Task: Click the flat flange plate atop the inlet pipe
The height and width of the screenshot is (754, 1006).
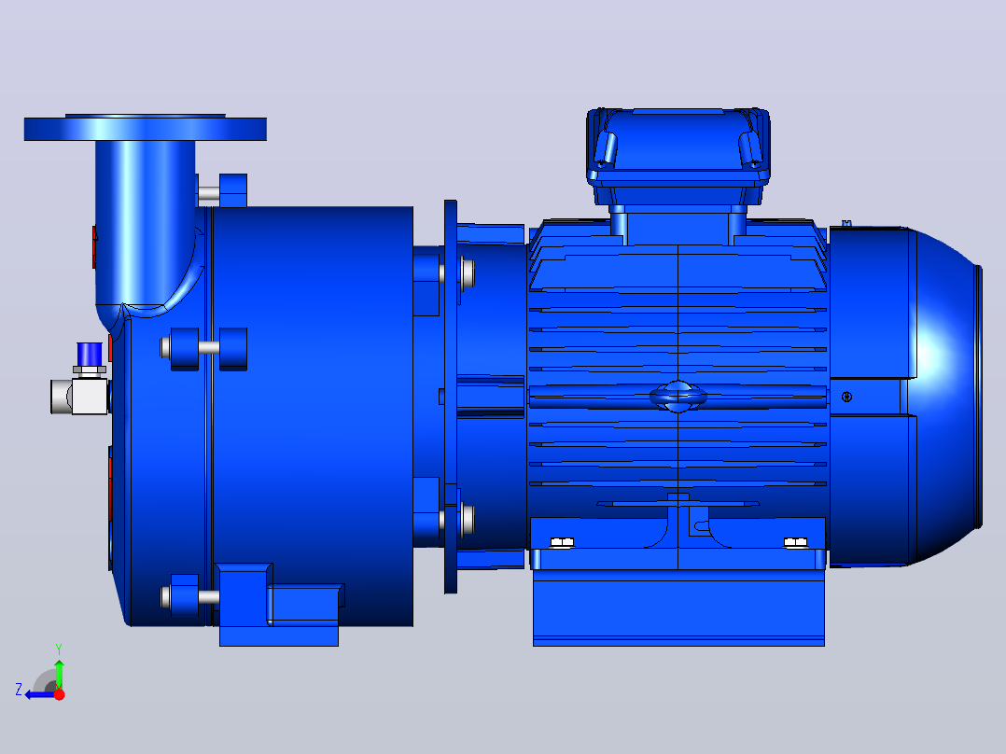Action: (145, 128)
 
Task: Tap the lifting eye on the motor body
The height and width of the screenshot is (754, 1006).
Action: (678, 396)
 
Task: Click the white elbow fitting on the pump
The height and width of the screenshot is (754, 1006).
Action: (79, 396)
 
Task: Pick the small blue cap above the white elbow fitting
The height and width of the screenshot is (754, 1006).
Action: (90, 354)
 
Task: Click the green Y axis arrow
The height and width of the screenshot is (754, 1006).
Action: (59, 674)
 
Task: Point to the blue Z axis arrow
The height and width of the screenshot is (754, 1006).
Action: (40, 694)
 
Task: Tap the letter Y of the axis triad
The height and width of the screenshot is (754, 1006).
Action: (59, 649)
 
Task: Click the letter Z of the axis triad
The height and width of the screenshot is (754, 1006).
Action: (19, 690)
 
